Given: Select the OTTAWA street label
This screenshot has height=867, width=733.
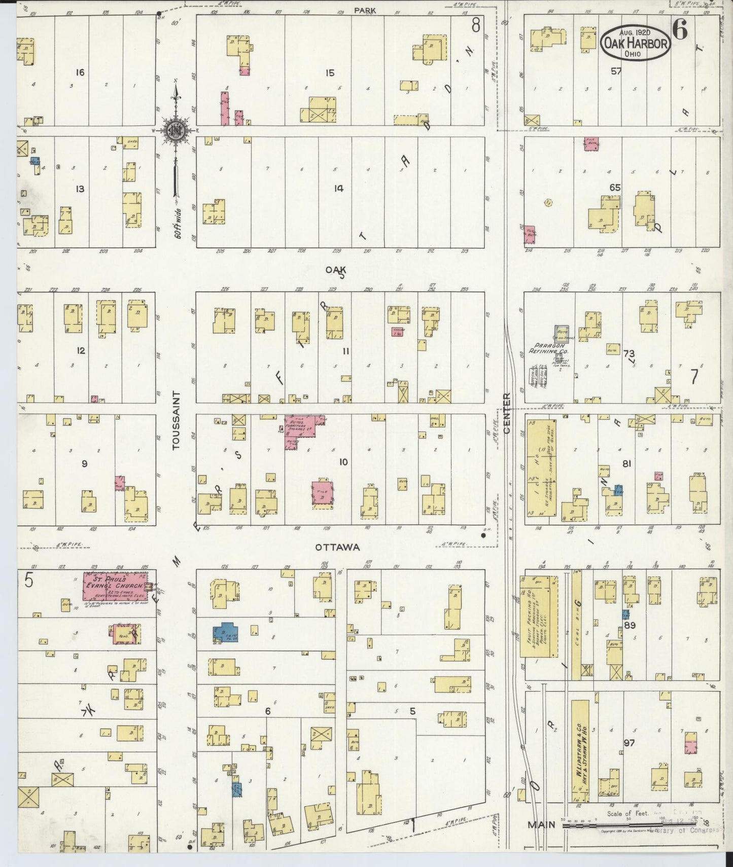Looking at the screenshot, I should click(337, 547).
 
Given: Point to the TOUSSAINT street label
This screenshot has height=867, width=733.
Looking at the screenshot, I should click(176, 420).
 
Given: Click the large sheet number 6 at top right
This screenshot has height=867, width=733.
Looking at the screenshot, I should click(680, 31).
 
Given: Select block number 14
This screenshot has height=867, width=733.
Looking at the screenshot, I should click(338, 189).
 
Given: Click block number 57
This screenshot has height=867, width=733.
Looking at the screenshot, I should click(616, 71).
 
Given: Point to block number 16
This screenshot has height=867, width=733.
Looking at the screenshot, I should click(80, 73).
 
